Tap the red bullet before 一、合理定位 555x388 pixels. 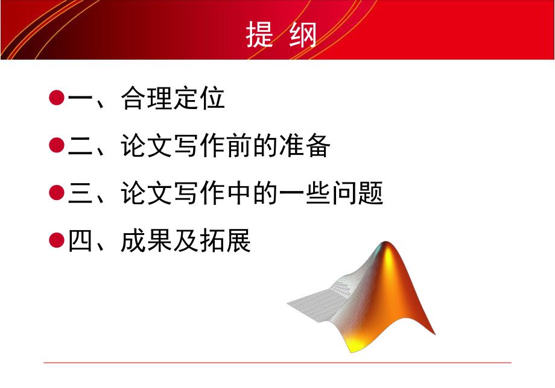coord(56,98)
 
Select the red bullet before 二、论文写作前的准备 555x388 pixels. coord(56,145)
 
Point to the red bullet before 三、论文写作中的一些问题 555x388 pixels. coord(56,193)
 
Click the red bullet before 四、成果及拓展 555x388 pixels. coord(56,240)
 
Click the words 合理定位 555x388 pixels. coord(173,98)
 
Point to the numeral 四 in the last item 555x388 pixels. coord(80,241)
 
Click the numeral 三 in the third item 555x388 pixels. coord(80,193)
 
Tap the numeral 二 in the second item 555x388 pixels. coord(80,146)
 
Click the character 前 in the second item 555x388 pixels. coord(239,146)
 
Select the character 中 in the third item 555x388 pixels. coord(239,193)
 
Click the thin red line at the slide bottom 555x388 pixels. coord(277,363)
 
